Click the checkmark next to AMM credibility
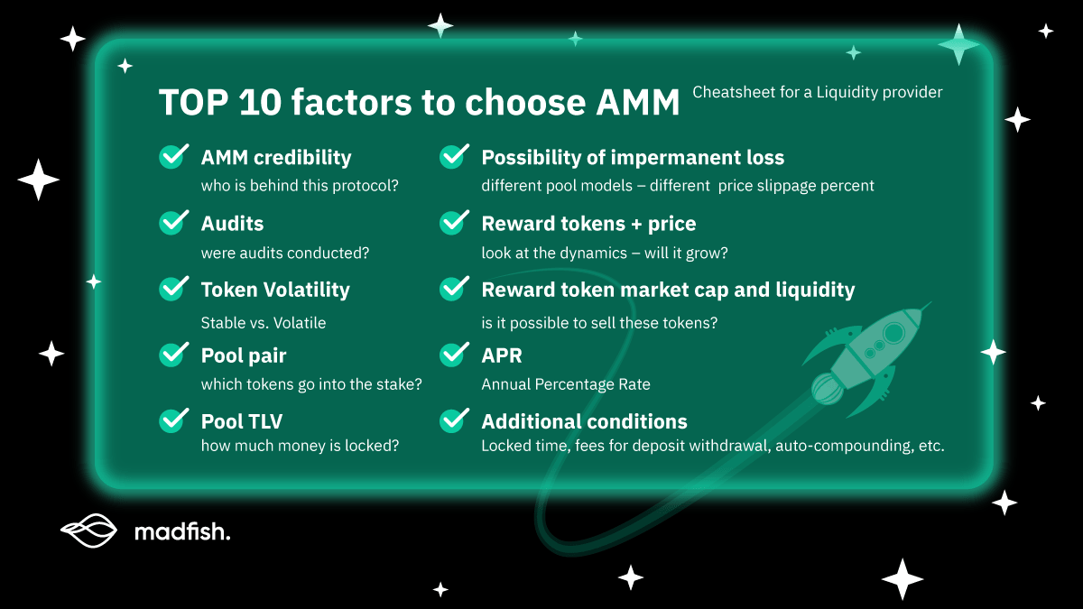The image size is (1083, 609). pyautogui.click(x=173, y=157)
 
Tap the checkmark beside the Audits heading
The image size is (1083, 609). pyautogui.click(x=173, y=223)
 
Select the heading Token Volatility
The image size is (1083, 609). pyautogui.click(x=274, y=290)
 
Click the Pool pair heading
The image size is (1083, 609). pyautogui.click(x=243, y=355)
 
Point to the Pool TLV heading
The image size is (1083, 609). pyautogui.click(x=241, y=421)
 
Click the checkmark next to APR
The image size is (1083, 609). pyautogui.click(x=454, y=355)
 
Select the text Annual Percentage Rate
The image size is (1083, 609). pyautogui.click(x=565, y=384)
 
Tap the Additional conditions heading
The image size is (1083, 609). pyautogui.click(x=584, y=421)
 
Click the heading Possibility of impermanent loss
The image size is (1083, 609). pyautogui.click(x=632, y=157)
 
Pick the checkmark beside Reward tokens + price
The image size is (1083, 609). pyautogui.click(x=454, y=223)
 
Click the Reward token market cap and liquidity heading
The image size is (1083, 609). pyautogui.click(x=667, y=290)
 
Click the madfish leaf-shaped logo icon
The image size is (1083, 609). pyautogui.click(x=88, y=531)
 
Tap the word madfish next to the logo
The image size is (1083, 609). pyautogui.click(x=181, y=532)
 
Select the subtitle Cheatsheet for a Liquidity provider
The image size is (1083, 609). pyautogui.click(x=817, y=92)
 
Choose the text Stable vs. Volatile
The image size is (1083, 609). pyautogui.click(x=263, y=322)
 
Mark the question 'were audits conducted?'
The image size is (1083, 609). pyautogui.click(x=284, y=253)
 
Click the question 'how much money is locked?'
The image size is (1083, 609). pyautogui.click(x=300, y=446)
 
